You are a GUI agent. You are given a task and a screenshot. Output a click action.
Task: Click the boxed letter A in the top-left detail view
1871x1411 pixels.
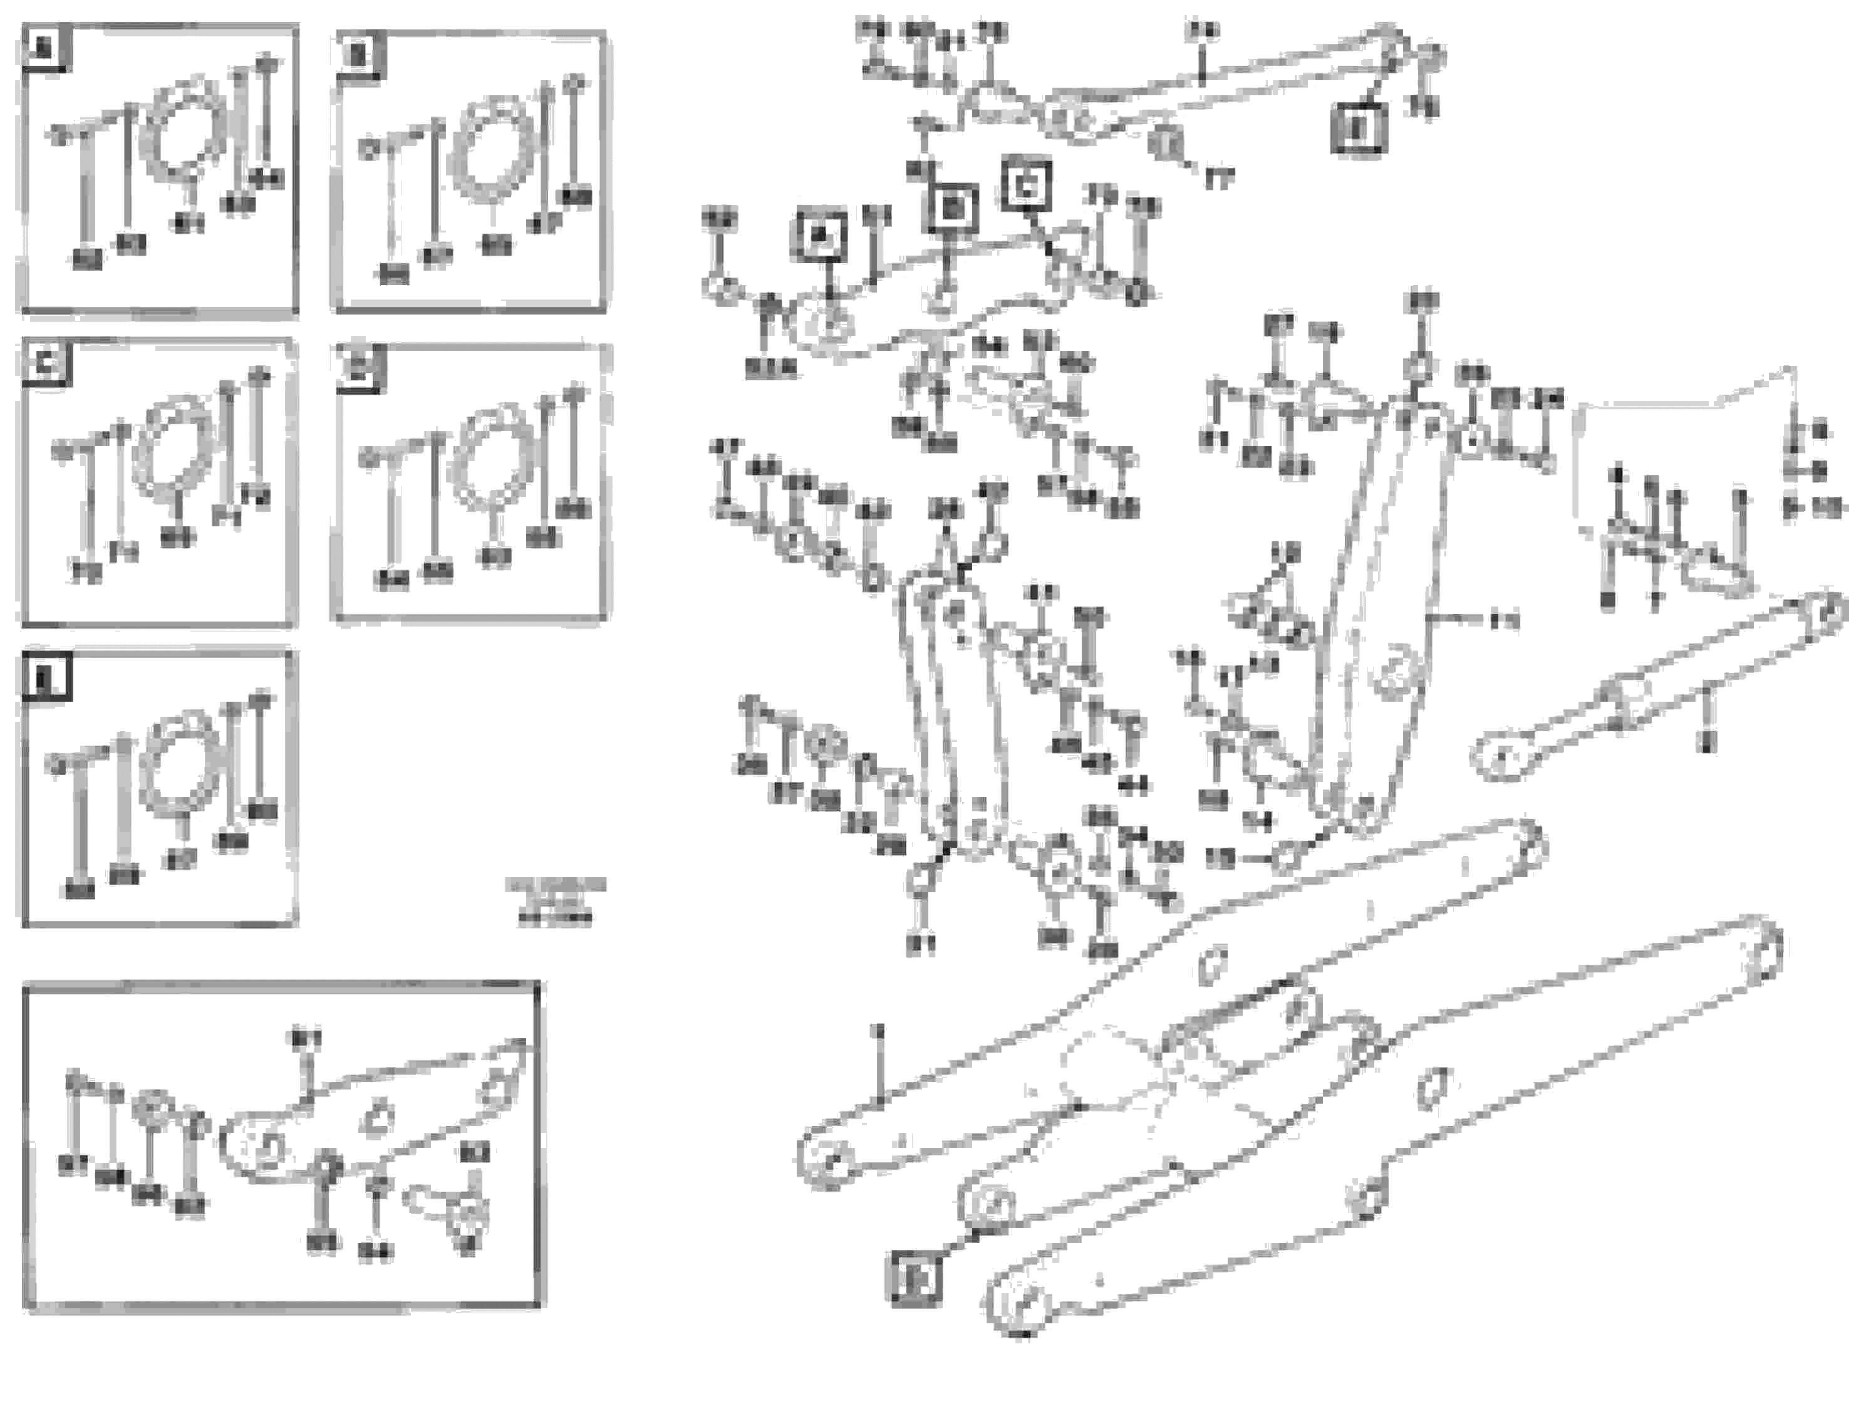point(46,48)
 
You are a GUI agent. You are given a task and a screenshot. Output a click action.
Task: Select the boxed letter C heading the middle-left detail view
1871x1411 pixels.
point(46,364)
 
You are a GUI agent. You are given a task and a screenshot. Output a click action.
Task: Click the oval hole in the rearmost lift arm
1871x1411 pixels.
point(1431,1087)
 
